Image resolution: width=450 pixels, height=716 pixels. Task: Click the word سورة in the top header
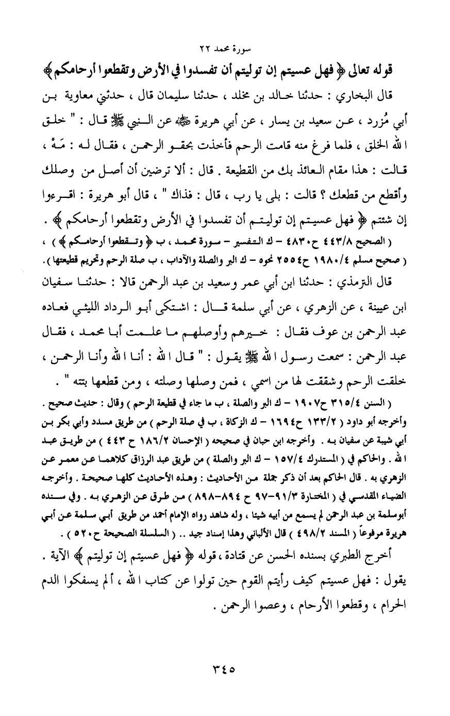(240, 49)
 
